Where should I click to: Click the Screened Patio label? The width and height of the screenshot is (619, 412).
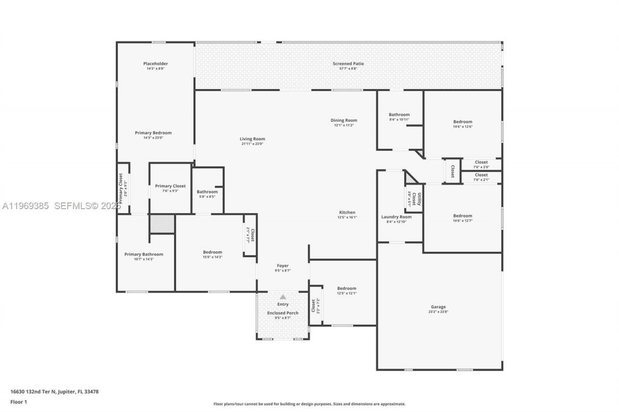[348, 64]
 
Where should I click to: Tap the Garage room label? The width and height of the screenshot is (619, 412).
[438, 307]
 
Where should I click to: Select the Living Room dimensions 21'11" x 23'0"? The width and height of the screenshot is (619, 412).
[252, 144]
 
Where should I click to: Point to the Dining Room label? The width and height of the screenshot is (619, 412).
[344, 120]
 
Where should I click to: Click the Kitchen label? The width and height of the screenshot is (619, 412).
[347, 213]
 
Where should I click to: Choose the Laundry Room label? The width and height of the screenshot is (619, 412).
[396, 217]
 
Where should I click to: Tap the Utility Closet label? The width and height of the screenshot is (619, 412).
[416, 199]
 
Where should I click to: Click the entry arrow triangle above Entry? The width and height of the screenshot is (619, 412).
[283, 297]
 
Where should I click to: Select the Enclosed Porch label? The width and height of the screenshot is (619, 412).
[283, 313]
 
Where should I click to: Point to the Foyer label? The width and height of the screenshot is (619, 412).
[283, 266]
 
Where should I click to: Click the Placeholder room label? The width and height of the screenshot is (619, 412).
[155, 64]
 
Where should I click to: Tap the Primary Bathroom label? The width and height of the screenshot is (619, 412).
[144, 254]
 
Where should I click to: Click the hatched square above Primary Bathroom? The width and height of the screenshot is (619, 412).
[162, 224]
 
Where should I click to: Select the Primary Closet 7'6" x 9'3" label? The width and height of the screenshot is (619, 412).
[170, 186]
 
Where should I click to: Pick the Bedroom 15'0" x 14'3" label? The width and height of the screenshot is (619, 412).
[212, 252]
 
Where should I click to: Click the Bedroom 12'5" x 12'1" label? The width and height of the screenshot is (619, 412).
[347, 288]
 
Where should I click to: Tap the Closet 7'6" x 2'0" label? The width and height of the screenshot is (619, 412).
[481, 162]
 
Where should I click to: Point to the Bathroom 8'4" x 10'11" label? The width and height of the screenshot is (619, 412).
[399, 115]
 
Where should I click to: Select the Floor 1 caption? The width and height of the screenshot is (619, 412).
[19, 402]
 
